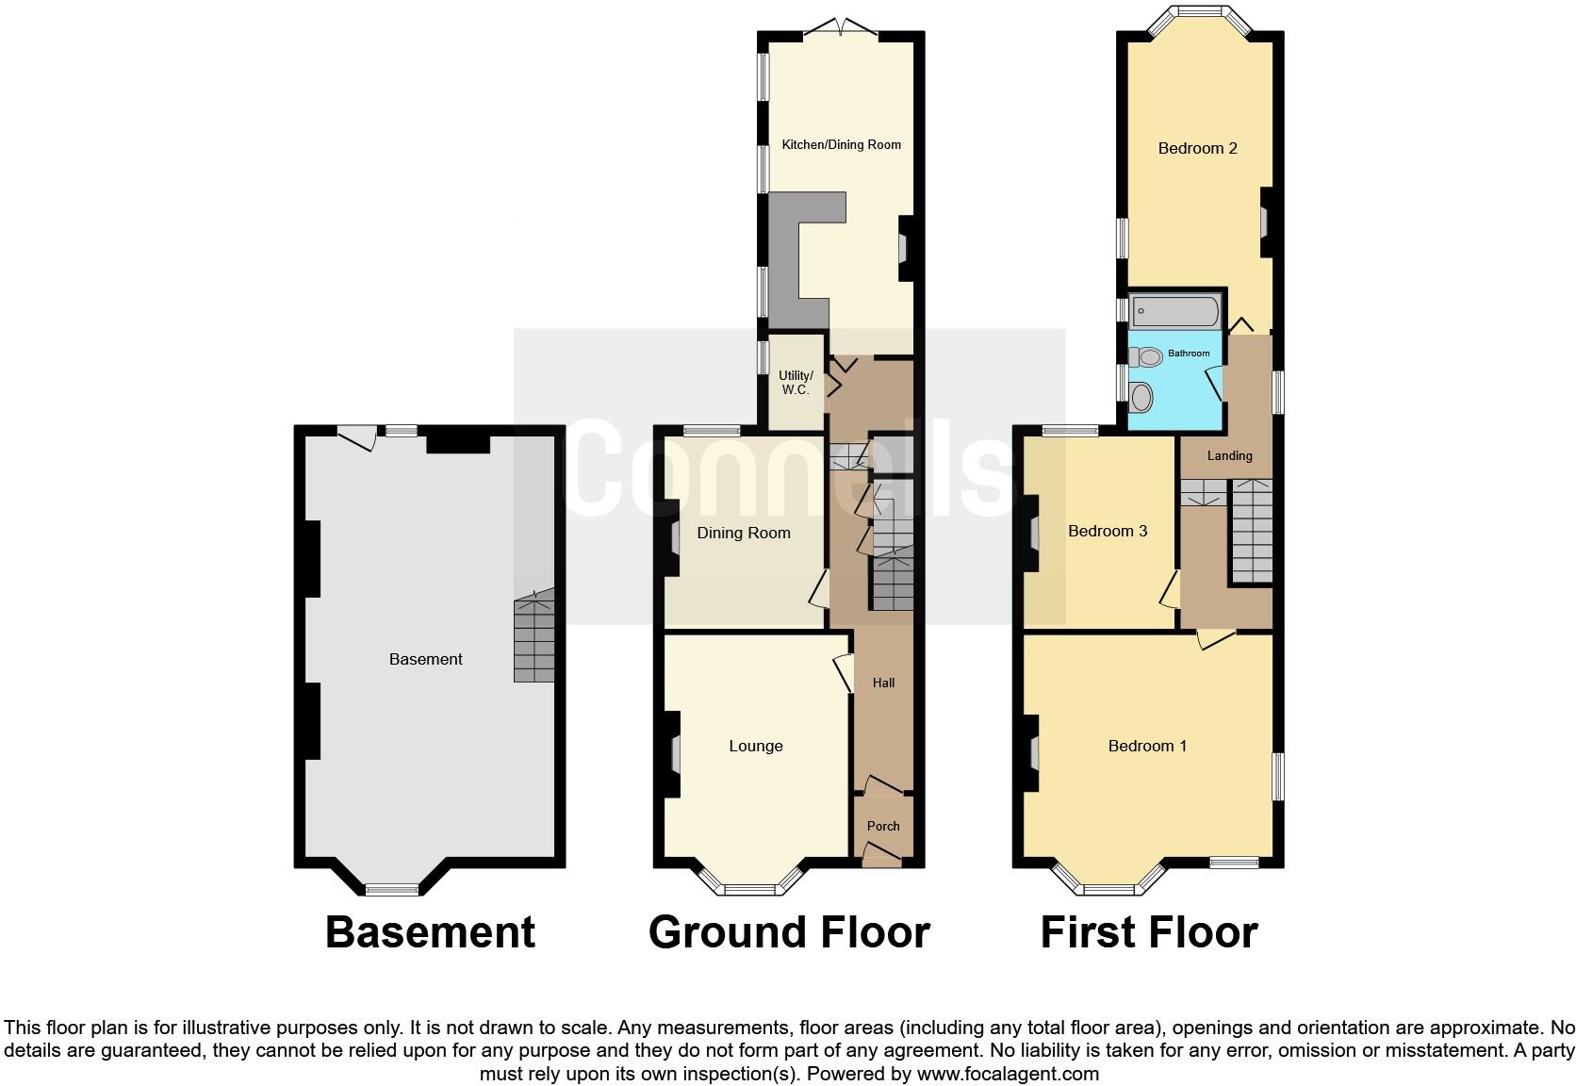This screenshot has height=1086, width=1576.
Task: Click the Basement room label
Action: click(425, 659)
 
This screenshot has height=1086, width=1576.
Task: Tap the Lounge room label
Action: click(755, 746)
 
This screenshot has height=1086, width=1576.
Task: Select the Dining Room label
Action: click(743, 533)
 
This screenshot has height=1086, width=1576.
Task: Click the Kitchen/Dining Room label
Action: click(841, 144)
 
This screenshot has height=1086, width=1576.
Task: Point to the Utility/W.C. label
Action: click(795, 382)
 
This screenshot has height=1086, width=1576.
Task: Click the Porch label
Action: click(883, 826)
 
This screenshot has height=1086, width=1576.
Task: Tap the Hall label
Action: click(883, 683)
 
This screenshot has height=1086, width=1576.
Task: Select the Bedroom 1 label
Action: click(1146, 746)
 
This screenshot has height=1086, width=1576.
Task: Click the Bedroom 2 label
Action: click(1197, 148)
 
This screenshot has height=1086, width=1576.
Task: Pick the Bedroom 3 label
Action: click(1107, 531)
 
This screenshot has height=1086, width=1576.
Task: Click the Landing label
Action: click(1229, 455)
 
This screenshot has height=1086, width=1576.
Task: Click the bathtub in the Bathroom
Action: click(1174, 309)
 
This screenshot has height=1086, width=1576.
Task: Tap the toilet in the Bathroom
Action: click(1146, 356)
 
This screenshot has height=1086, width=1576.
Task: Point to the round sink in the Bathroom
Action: click(1141, 397)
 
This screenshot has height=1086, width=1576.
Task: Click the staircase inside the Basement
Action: click(534, 641)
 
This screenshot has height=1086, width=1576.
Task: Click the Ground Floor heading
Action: click(789, 931)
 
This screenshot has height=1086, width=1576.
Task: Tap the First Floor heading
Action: click(1148, 931)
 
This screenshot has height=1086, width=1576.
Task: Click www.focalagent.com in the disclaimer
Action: click(1008, 1073)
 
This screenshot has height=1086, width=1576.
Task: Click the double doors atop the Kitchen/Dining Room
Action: click(841, 28)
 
